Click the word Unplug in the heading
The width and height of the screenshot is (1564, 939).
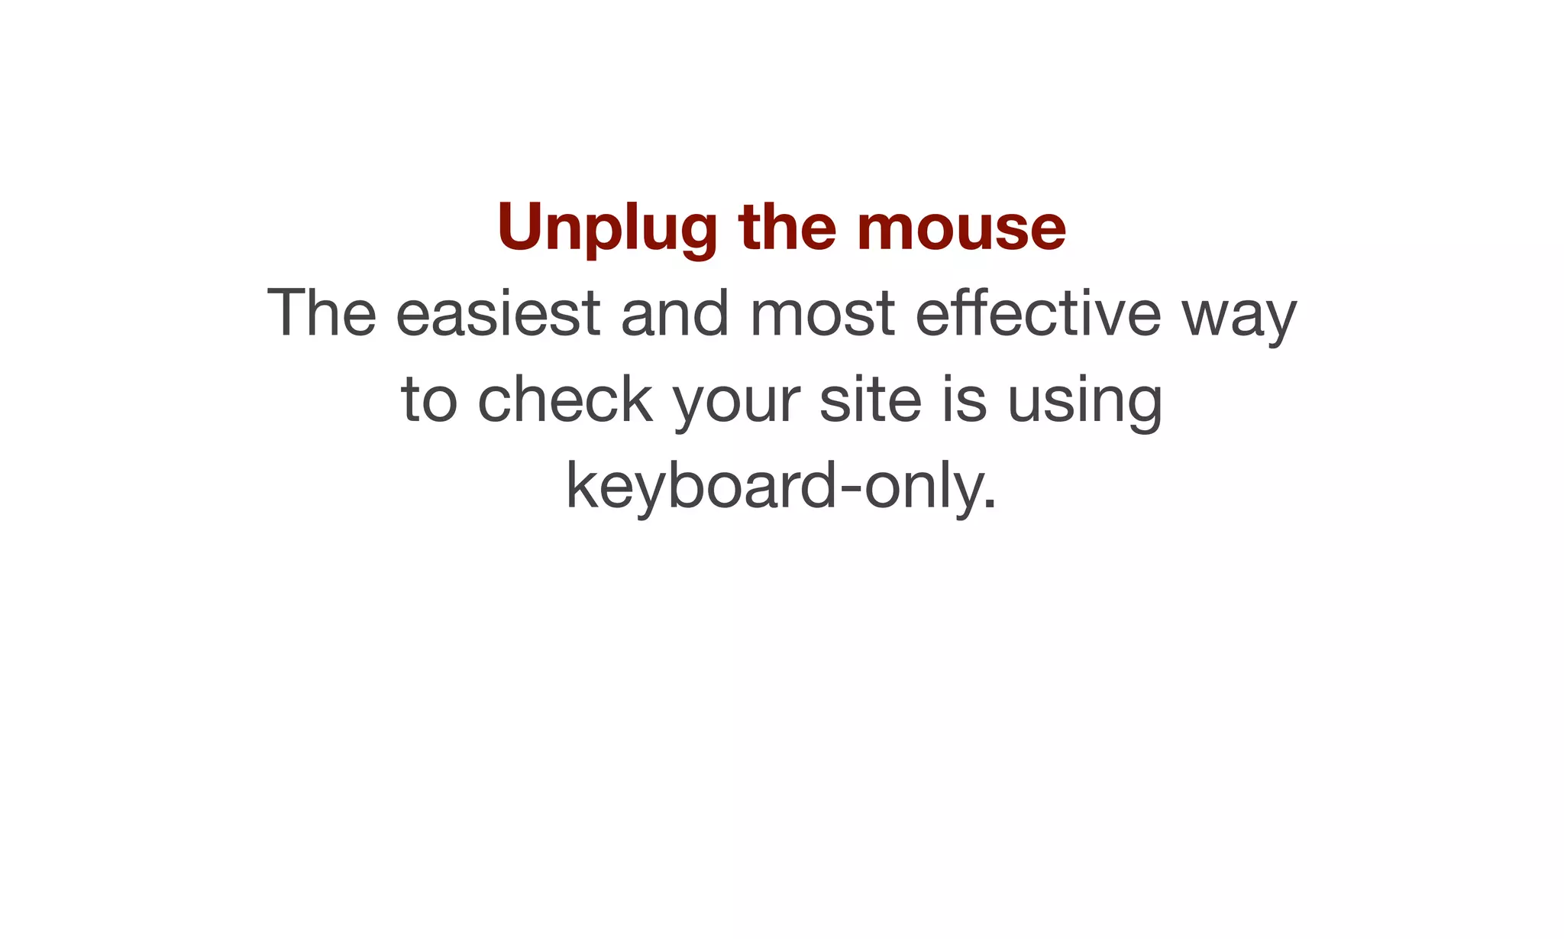tap(607, 227)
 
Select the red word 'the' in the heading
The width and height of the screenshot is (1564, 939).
tap(787, 227)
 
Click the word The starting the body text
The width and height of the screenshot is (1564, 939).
tap(322, 312)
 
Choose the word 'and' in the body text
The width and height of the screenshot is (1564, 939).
tap(675, 312)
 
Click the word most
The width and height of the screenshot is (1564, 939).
tap(822, 312)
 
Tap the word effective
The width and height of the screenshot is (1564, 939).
tap(1038, 312)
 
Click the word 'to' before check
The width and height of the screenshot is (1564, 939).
tap(428, 400)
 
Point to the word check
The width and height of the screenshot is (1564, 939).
tap(565, 400)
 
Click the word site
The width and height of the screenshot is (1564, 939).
tap(871, 400)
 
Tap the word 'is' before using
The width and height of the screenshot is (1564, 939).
tap(965, 400)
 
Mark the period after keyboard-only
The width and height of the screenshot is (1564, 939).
tap(990, 504)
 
